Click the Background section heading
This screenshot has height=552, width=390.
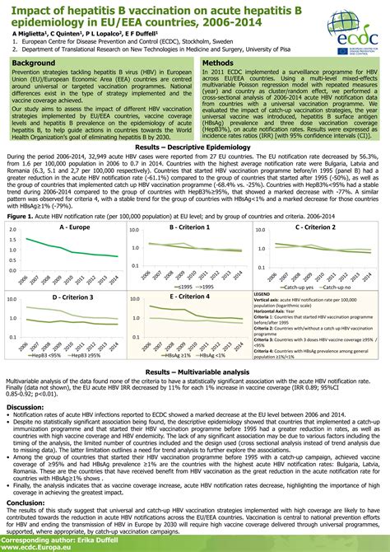coord(34,63)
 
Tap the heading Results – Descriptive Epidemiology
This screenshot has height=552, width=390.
coord(194,147)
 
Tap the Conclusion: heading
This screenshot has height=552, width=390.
coord(26,501)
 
